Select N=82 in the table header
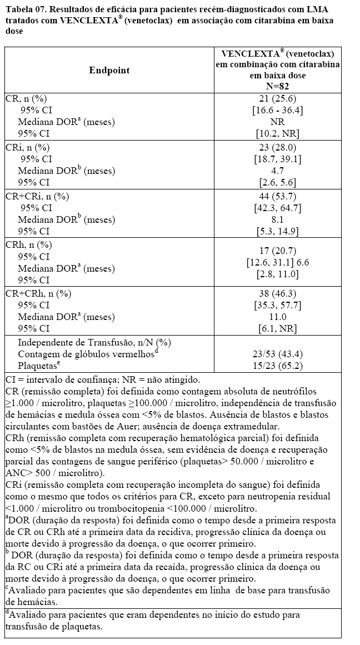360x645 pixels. [278, 86]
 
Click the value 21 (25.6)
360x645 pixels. [278, 98]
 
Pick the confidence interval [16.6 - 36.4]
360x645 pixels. [278, 110]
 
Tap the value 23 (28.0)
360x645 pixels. [278, 147]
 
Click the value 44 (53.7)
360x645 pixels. [278, 196]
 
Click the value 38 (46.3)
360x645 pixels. [278, 293]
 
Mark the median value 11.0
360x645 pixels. [278, 317]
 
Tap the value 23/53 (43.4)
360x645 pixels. [278, 354]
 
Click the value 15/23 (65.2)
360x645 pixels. [278, 366]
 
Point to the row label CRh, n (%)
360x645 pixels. [28, 244]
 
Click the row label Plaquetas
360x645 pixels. [38, 366]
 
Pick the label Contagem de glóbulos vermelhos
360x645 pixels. [87, 354]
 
